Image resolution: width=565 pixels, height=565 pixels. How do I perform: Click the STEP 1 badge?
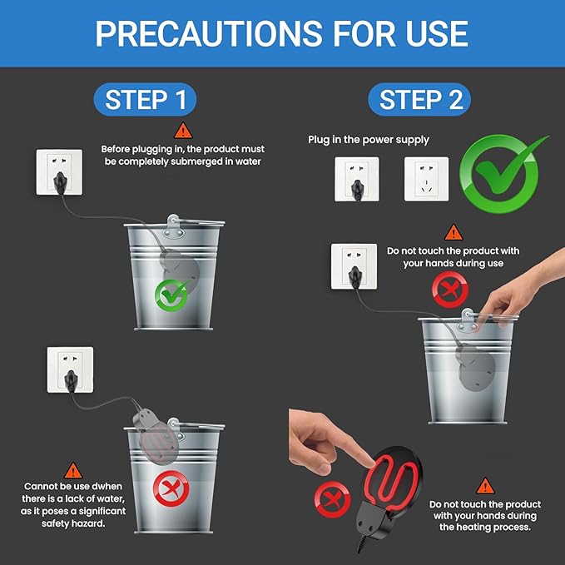click(145, 100)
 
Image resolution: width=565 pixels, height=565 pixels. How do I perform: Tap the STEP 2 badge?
click(419, 100)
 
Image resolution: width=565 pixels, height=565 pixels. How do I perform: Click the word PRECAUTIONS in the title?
click(209, 33)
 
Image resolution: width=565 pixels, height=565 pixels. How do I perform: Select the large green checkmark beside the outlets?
click(503, 173)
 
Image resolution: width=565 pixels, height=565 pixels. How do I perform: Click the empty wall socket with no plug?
click(426, 179)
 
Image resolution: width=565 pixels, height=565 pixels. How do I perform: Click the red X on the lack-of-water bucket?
click(171, 488)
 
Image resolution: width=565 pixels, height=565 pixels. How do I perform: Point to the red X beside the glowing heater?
click(332, 499)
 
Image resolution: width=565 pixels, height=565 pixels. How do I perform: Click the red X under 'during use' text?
click(450, 290)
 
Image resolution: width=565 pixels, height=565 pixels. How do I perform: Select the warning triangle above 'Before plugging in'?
click(183, 131)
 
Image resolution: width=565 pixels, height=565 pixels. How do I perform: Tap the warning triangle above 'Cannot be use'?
click(73, 471)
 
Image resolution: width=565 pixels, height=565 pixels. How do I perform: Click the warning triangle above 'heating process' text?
click(485, 486)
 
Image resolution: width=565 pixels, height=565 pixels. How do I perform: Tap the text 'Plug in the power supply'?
click(369, 140)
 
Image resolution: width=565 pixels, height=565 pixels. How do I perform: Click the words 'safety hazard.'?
click(73, 523)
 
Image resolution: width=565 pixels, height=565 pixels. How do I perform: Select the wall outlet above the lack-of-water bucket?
click(70, 369)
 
